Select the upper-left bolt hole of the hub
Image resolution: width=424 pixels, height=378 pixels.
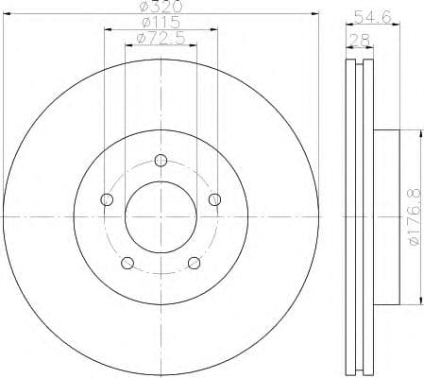[107, 198]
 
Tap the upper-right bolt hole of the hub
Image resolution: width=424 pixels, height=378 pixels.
[215, 198]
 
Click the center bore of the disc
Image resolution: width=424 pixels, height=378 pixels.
[161, 217]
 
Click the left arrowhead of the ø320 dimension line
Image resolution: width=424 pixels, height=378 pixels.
[8, 15]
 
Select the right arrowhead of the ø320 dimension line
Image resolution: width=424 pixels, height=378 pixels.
[313, 15]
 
